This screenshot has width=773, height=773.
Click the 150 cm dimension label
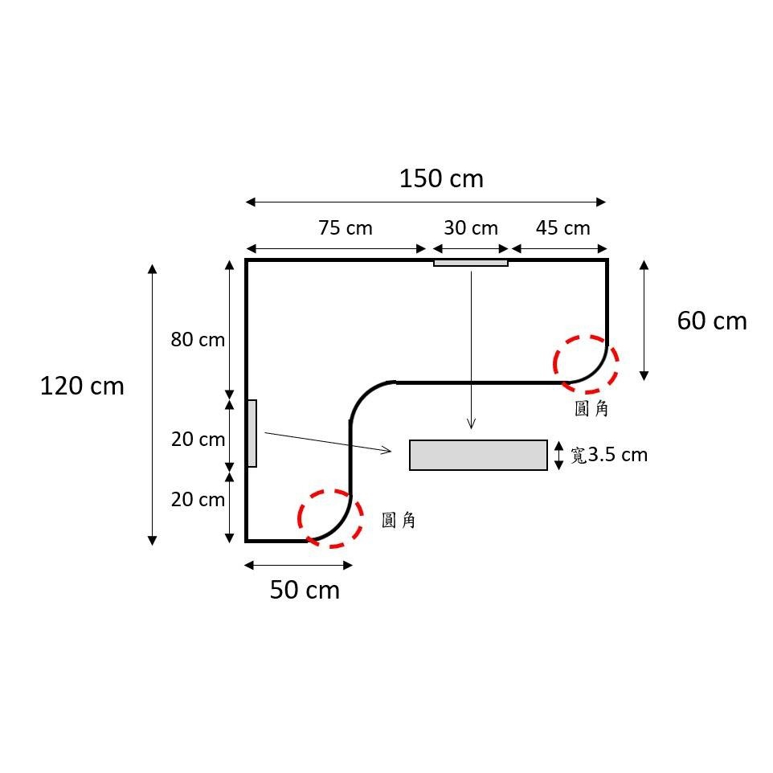pyautogui.click(x=441, y=178)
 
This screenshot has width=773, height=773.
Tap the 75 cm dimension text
pyautogui.click(x=345, y=227)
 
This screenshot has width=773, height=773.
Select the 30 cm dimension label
pyautogui.click(x=471, y=227)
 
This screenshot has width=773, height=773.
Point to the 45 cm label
pyautogui.click(x=563, y=227)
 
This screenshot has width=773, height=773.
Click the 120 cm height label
pyautogui.click(x=82, y=386)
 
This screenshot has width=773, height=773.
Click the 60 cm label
pyautogui.click(x=712, y=321)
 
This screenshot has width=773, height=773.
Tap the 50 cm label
pyautogui.click(x=305, y=590)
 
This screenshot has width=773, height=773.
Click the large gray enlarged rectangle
pyautogui.click(x=478, y=455)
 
